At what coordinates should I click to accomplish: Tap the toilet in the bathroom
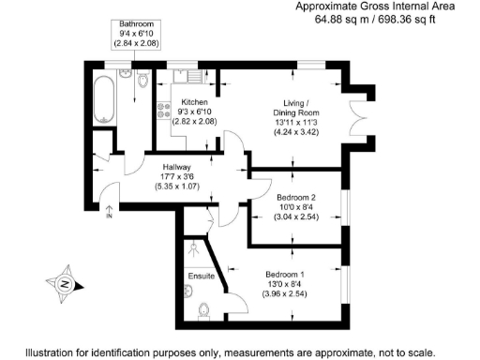click(142, 84)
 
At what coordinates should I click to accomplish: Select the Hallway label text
click(169, 168)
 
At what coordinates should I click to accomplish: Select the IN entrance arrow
click(109, 212)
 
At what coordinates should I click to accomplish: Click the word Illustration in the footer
click(57, 353)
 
